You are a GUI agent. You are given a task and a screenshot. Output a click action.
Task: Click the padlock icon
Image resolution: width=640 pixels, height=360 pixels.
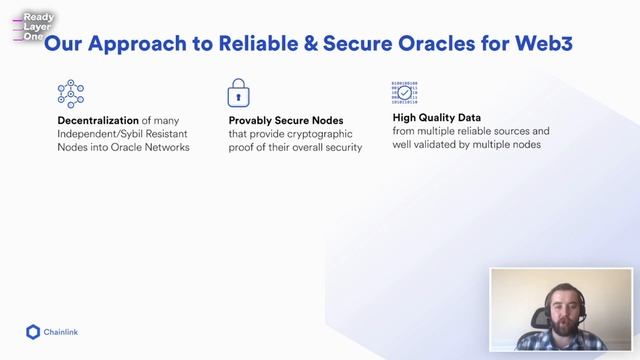237,93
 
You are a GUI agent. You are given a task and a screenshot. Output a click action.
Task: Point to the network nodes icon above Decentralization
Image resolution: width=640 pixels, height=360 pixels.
70,93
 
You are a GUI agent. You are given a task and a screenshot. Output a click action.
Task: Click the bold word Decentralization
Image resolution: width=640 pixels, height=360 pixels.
97,121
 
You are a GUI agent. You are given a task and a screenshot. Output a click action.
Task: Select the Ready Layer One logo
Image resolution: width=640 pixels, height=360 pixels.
35,26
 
